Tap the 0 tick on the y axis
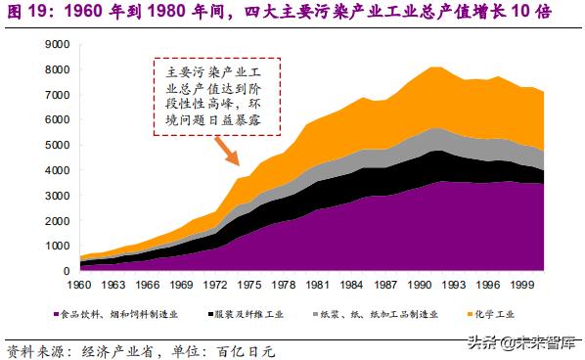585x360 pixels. [66, 271]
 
